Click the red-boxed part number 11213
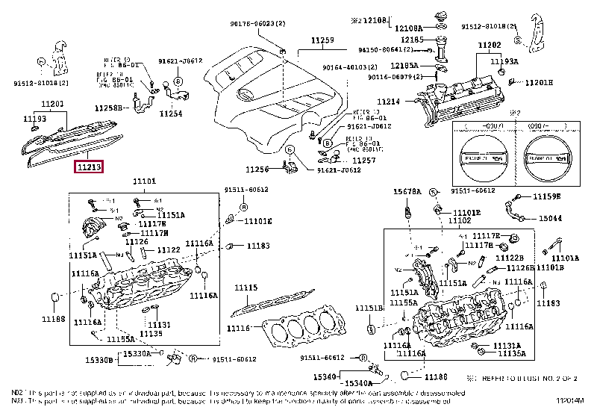pyautogui.click(x=89, y=167)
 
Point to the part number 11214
pyautogui.click(x=388, y=101)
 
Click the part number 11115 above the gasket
pyautogui.click(x=246, y=287)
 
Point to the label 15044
pyautogui.click(x=551, y=219)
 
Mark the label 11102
pyautogui.click(x=460, y=221)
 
